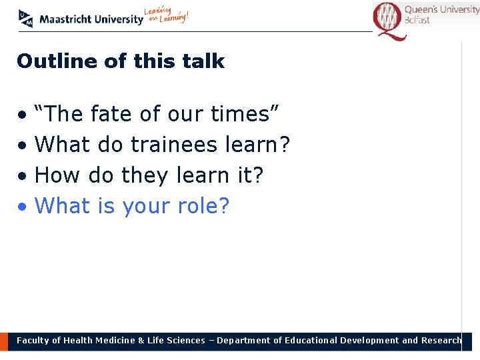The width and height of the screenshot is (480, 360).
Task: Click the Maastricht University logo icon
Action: click(26, 19)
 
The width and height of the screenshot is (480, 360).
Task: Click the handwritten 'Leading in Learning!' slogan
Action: click(167, 16)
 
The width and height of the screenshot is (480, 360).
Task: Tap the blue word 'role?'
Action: click(203, 206)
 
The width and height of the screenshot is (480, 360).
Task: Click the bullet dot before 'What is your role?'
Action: click(23, 207)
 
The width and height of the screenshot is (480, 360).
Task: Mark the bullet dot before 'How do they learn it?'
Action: click(23, 177)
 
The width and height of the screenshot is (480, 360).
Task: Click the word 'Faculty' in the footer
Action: click(33, 341)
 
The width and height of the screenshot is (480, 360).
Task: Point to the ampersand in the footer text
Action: click(141, 341)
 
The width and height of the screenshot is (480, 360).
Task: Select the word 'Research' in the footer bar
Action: click(441, 341)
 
